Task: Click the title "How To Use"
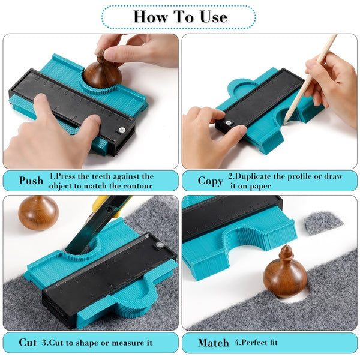pyautogui.click(x=180, y=17)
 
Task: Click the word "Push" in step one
pyautogui.click(x=31, y=181)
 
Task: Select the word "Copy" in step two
pyautogui.click(x=210, y=181)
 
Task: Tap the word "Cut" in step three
pyautogui.click(x=28, y=343)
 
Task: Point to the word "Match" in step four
pyautogui.click(x=214, y=343)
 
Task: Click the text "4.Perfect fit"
pyautogui.click(x=256, y=343)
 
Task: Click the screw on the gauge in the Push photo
pyautogui.click(x=122, y=130)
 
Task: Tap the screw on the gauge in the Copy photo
pyautogui.click(x=228, y=123)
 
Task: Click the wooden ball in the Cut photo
pyautogui.click(x=38, y=213)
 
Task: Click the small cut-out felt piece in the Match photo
pyautogui.click(x=323, y=223)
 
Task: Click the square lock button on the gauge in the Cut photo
pyautogui.click(x=159, y=245)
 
